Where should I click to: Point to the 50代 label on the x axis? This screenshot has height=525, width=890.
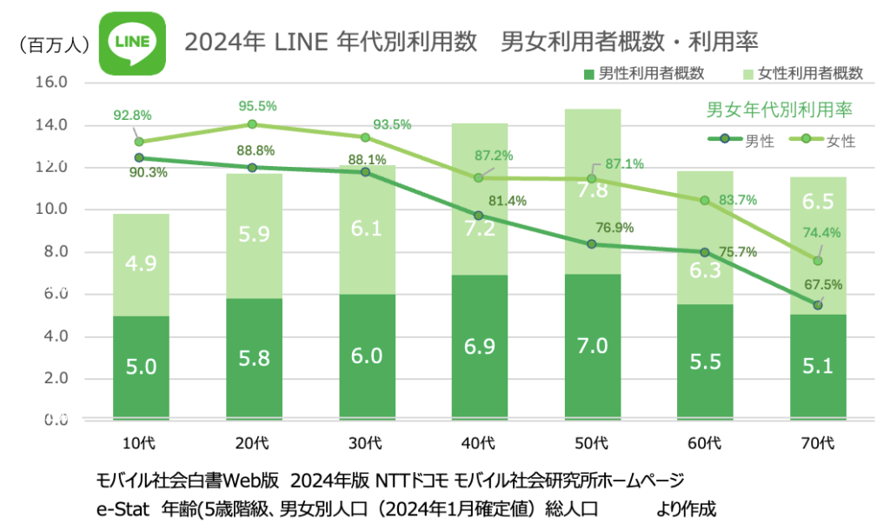[x=591, y=443]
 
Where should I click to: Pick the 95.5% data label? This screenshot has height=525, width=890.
[x=257, y=106]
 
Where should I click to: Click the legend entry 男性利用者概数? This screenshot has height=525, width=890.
[x=635, y=74]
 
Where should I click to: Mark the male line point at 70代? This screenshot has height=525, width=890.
[x=818, y=305]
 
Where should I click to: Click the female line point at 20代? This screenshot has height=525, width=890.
[x=252, y=124]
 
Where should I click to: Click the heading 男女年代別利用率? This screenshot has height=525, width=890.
[x=779, y=110]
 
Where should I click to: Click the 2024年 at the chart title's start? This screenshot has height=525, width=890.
[x=211, y=43]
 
